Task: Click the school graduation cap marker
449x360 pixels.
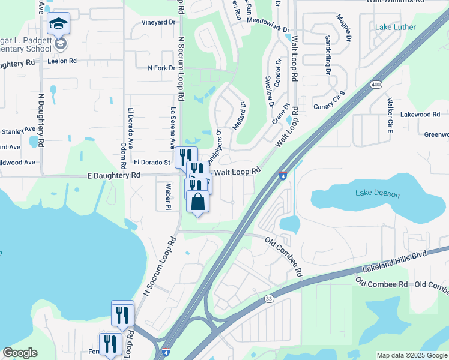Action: [58, 25]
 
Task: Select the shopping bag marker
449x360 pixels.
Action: [198, 202]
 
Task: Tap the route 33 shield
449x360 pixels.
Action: [268, 298]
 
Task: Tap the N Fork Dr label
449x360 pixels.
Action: [161, 68]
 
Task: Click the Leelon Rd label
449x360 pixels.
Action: [62, 61]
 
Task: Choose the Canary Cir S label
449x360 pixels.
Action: [330, 100]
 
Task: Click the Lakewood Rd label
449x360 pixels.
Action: [420, 114]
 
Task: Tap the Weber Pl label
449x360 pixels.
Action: [169, 195]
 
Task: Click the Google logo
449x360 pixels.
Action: [20, 353]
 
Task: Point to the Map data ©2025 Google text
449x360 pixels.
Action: [411, 355]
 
